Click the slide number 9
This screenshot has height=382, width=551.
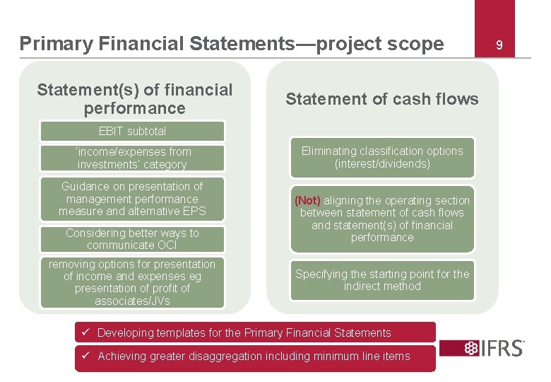[499, 45]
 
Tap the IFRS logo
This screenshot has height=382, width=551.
[483, 348]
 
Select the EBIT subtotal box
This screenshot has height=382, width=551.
[132, 131]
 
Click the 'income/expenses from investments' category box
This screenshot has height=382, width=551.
[132, 158]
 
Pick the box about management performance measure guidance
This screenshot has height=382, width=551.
[132, 199]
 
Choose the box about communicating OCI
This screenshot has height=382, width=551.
[132, 239]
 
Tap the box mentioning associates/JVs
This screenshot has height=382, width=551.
[132, 282]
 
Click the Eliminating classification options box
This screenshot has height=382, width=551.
[382, 157]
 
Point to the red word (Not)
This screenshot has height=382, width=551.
[307, 200]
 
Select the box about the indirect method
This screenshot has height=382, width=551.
[382, 280]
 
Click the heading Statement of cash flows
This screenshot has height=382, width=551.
[382, 99]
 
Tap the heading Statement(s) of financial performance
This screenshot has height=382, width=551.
[134, 99]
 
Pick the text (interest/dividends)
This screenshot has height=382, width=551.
[382, 164]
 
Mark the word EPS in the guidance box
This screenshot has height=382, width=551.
[194, 212]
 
